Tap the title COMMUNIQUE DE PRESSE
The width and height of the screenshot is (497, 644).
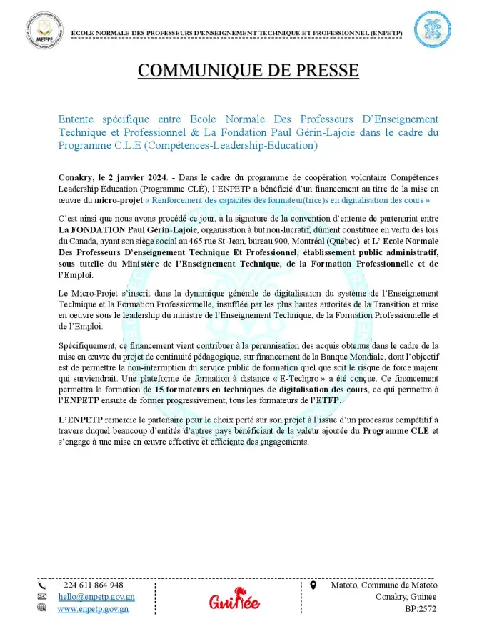pos(248,71)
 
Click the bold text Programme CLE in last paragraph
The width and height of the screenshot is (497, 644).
pos(396,432)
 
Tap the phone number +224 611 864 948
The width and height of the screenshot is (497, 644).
pos(91,585)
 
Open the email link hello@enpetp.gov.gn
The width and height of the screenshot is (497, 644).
pos(96,597)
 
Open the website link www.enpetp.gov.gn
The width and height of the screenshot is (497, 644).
pos(93,609)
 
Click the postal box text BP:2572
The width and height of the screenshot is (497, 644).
pos(420,609)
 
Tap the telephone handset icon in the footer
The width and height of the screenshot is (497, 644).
pos(41,585)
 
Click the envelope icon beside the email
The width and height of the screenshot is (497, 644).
pos(41,597)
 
